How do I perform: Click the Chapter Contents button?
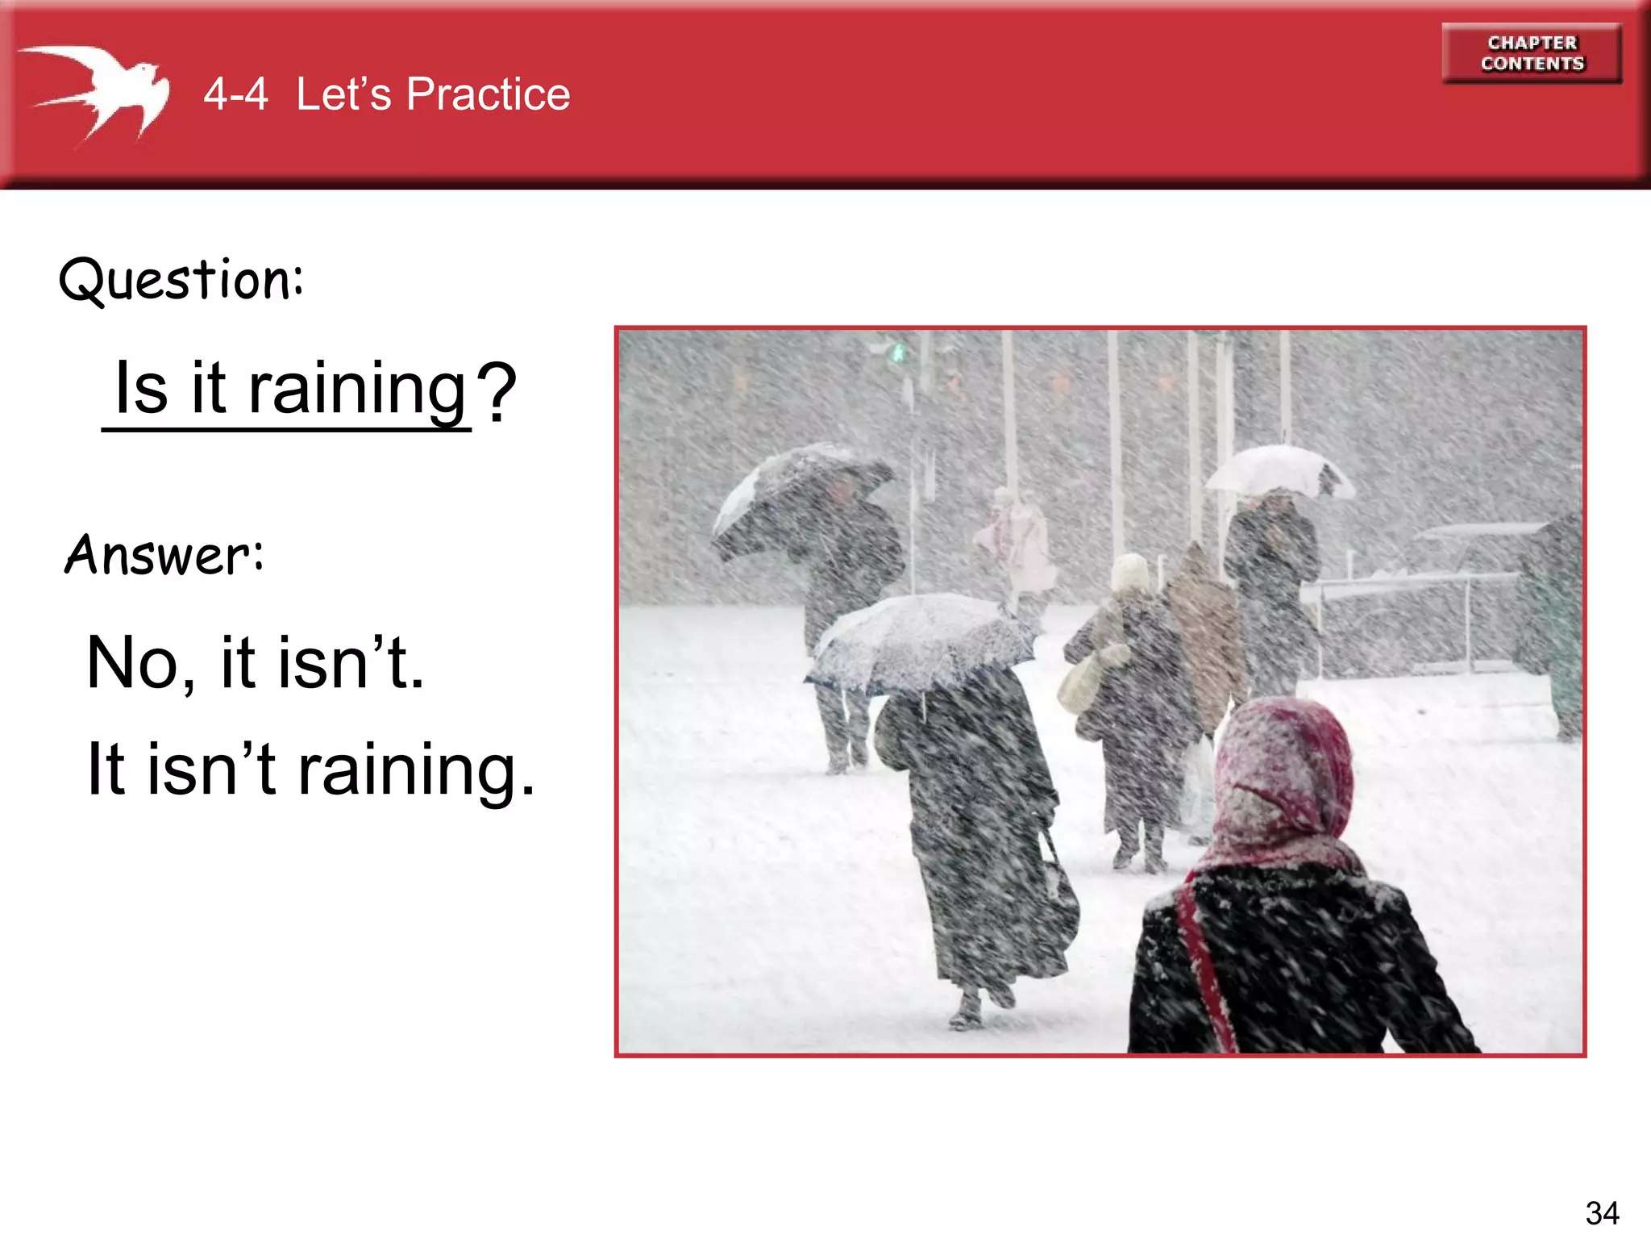point(1532,53)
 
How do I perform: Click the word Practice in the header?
point(488,94)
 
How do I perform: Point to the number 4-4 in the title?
point(235,94)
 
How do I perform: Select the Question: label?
point(181,280)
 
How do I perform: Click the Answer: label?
point(164,555)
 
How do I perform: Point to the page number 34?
point(1601,1212)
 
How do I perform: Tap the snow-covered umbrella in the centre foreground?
point(919,641)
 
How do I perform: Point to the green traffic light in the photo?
point(897,353)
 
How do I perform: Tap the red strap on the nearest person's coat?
point(1205,968)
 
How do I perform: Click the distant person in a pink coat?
point(1017,540)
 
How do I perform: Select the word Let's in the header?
point(343,94)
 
